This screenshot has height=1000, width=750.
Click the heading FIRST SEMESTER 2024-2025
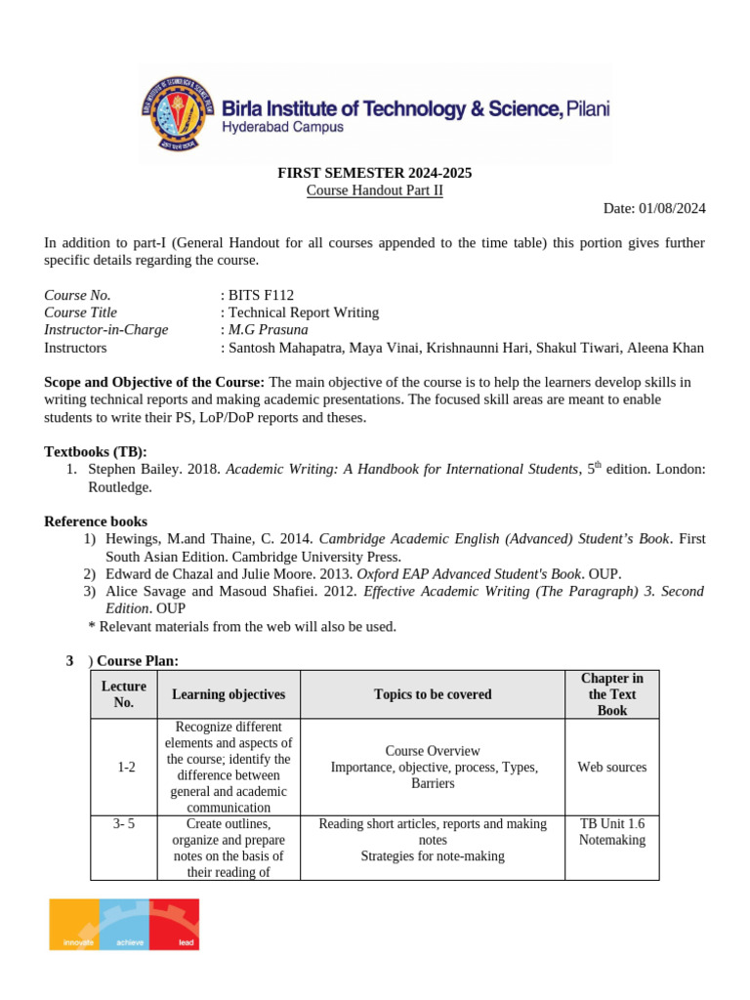click(x=375, y=173)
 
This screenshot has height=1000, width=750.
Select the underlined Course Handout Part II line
click(x=375, y=190)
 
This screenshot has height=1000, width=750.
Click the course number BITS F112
click(x=261, y=295)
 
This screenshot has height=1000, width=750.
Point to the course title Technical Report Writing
click(x=303, y=312)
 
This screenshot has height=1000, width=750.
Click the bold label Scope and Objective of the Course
click(x=154, y=381)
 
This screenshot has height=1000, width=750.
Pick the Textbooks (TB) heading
click(x=96, y=451)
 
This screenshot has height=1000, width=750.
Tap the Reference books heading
click(x=96, y=521)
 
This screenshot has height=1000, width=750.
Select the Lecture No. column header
click(x=124, y=694)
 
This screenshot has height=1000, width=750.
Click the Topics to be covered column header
click(x=433, y=694)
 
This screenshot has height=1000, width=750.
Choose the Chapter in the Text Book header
click(x=611, y=694)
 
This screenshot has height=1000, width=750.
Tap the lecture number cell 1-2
click(x=125, y=768)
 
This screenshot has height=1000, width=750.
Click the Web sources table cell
click(x=611, y=768)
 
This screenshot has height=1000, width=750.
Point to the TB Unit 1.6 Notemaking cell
click(x=611, y=831)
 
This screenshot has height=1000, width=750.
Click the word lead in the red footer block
click(x=186, y=943)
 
